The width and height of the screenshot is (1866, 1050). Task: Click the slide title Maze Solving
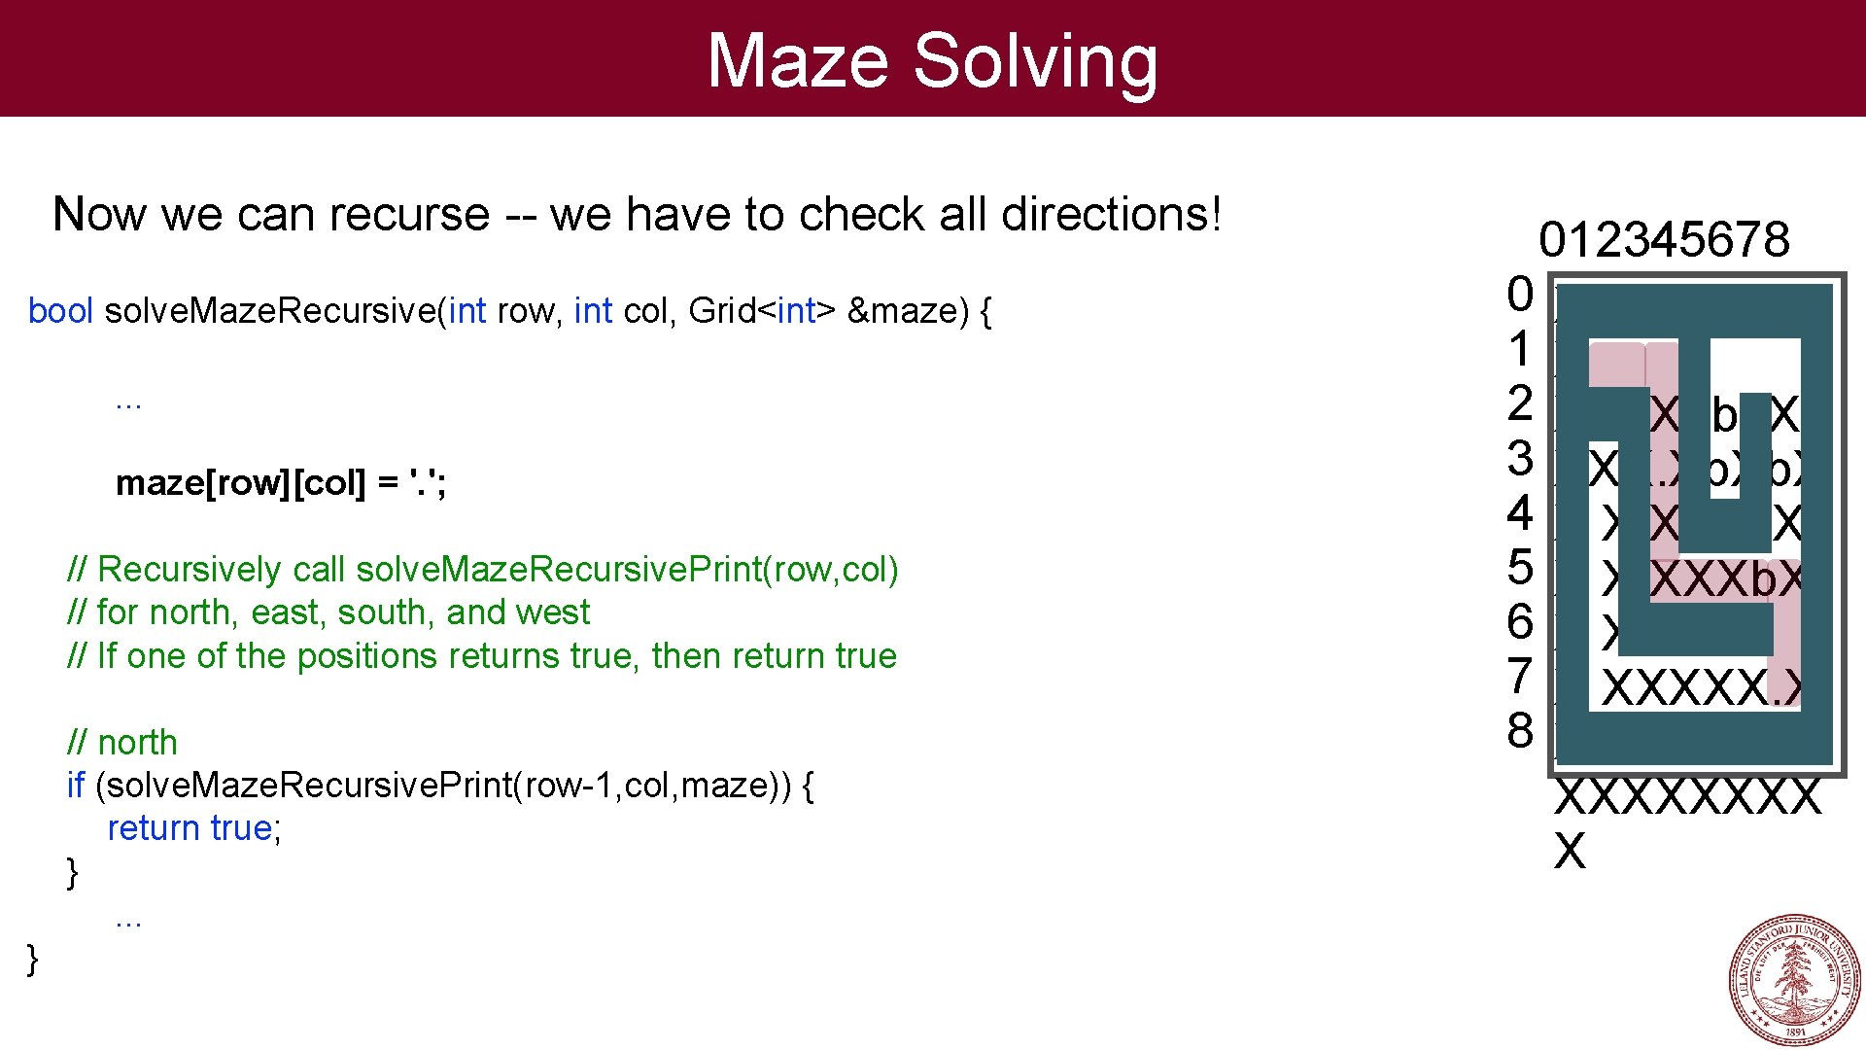[x=932, y=60]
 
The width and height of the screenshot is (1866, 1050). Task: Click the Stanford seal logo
[x=1795, y=979]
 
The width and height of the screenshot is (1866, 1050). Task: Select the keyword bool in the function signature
[x=60, y=311]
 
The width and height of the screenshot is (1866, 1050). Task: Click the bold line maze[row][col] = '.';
[x=281, y=482]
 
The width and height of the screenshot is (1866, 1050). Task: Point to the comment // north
[x=122, y=743]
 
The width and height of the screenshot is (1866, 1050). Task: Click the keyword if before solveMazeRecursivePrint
[x=76, y=785]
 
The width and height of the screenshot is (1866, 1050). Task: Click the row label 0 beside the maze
[x=1520, y=294]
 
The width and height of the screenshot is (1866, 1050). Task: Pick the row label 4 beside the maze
[x=1520, y=512]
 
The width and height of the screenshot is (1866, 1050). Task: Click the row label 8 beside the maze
[x=1520, y=730]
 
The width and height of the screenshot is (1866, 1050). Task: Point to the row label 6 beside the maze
[x=1520, y=621]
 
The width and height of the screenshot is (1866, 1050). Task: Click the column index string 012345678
[x=1664, y=239]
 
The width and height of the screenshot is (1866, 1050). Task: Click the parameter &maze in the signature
[x=901, y=311]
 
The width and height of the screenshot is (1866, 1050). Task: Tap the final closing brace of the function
[x=33, y=959]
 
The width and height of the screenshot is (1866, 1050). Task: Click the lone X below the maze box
[x=1570, y=852]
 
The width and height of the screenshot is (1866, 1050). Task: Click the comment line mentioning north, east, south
[x=328, y=612]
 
